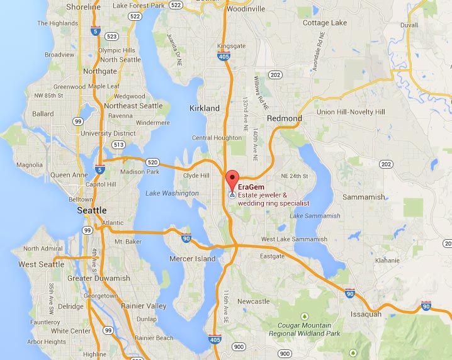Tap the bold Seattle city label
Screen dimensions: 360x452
tap(91, 210)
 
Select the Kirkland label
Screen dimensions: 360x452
tap(205, 108)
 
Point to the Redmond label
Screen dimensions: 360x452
tap(284, 118)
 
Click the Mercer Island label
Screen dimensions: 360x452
tap(193, 259)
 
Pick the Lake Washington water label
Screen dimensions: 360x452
tap(171, 193)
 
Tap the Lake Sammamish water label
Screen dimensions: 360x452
tap(315, 216)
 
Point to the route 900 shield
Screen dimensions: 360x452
tap(239, 347)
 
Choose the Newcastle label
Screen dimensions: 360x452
tap(254, 301)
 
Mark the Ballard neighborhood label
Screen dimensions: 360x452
tap(43, 114)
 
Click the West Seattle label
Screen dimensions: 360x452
tap(42, 264)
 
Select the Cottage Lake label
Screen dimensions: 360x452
tap(324, 23)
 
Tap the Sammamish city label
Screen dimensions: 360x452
tap(363, 197)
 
